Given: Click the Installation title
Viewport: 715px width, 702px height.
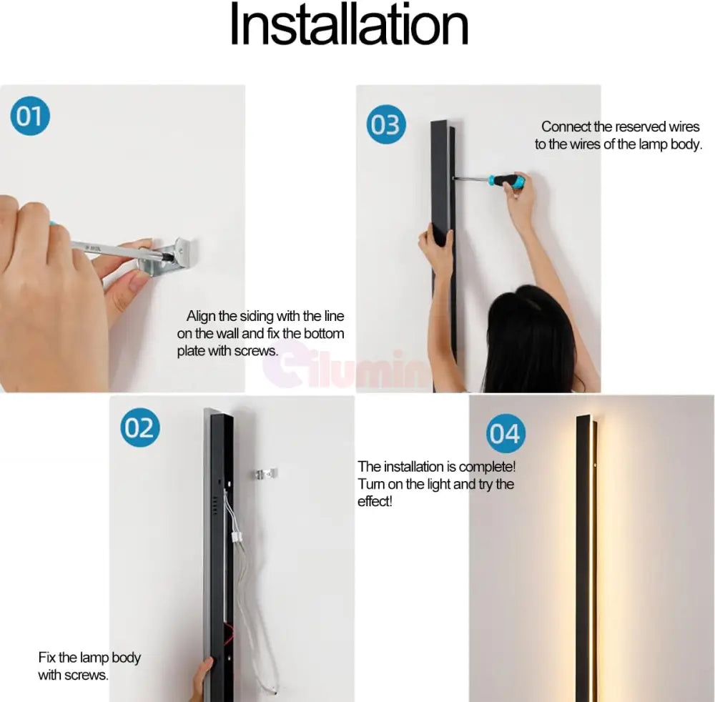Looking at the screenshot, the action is click(350, 24).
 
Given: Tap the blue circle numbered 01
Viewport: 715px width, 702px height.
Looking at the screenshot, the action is click(30, 116).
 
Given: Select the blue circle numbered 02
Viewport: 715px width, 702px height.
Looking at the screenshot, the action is click(140, 427).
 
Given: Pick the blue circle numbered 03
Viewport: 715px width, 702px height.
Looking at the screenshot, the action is click(386, 124).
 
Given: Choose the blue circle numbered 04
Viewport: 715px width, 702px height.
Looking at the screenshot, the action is click(506, 433).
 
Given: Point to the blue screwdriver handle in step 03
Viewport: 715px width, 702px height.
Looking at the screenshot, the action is click(506, 181).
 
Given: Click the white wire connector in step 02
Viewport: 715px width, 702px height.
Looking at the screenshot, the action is click(237, 537).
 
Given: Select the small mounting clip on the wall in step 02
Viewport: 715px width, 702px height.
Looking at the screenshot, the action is click(266, 474).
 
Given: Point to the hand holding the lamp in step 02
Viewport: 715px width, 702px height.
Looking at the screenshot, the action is click(202, 679).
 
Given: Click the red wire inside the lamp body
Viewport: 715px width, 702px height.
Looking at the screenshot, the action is click(228, 633).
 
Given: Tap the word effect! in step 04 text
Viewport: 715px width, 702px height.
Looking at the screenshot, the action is click(375, 501).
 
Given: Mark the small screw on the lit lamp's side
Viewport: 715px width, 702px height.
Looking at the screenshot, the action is click(595, 465).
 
